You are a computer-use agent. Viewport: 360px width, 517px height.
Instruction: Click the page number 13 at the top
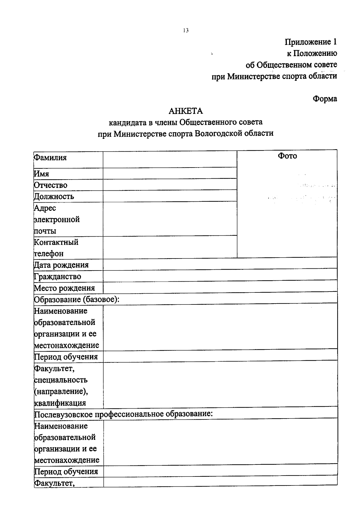coord(186,30)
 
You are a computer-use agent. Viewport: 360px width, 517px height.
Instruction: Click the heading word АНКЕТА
coord(186,111)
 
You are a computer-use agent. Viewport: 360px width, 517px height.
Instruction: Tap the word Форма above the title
coord(325,99)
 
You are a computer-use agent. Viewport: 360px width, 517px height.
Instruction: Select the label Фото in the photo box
coord(287,156)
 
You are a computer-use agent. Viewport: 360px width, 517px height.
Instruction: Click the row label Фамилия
coord(50,158)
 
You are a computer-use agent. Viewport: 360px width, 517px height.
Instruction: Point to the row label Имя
coord(41,174)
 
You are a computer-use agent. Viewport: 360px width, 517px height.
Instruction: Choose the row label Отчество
coord(50,185)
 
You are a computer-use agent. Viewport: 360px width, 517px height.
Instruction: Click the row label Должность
coord(54,197)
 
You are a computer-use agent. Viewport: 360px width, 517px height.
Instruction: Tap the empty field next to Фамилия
coord(170,159)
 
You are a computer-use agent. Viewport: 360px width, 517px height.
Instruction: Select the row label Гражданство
coord(57,277)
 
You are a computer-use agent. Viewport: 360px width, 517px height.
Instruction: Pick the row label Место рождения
coord(64,288)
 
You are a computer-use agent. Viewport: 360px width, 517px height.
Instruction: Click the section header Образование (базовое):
coord(76,300)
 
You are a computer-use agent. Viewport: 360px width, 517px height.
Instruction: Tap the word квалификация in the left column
coord(60,403)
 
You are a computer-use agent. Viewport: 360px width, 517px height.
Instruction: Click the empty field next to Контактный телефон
coord(170,247)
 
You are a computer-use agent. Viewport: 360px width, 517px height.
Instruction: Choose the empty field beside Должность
coord(170,196)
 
